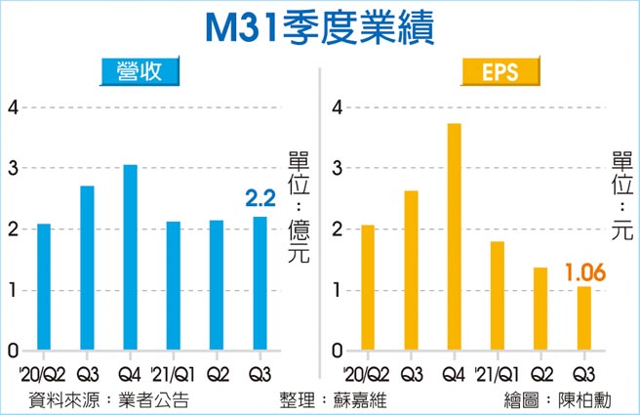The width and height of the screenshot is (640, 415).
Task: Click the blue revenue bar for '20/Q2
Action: [44, 287]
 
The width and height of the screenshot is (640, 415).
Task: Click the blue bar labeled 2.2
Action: [259, 283]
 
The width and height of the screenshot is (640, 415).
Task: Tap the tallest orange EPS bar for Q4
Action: [454, 237]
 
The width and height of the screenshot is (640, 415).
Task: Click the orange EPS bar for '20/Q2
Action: [368, 287]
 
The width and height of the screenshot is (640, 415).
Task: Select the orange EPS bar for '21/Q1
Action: [497, 296]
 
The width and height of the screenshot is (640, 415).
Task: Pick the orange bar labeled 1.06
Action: [583, 318]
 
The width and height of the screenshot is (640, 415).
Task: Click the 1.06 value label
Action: [583, 270]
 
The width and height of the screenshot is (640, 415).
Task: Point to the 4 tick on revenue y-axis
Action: [13, 107]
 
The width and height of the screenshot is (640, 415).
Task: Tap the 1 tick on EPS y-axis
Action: [338, 290]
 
